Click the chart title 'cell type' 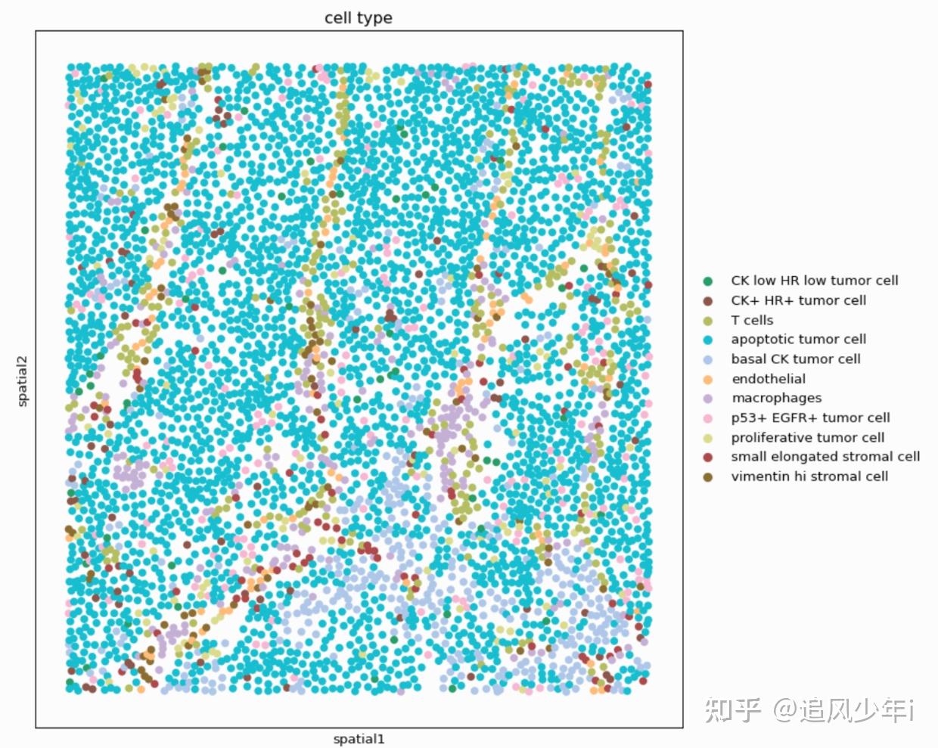(358, 17)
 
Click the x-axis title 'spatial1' (359, 739)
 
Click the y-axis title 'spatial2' (22, 380)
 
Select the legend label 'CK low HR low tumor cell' (814, 281)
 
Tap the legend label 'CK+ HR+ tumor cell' (798, 300)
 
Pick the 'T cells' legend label (751, 320)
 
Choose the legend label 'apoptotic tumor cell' (798, 340)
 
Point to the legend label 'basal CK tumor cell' (795, 359)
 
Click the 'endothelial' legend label (768, 379)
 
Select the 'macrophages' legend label (775, 398)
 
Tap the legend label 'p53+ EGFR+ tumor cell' (810, 417)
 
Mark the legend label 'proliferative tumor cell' (807, 437)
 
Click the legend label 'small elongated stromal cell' (825, 457)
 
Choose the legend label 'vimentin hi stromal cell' (809, 476)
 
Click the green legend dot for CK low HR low (708, 281)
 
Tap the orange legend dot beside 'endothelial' (708, 379)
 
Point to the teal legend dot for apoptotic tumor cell (708, 340)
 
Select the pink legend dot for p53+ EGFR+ (708, 417)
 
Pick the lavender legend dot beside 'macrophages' (708, 398)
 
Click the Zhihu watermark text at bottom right (810, 710)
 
